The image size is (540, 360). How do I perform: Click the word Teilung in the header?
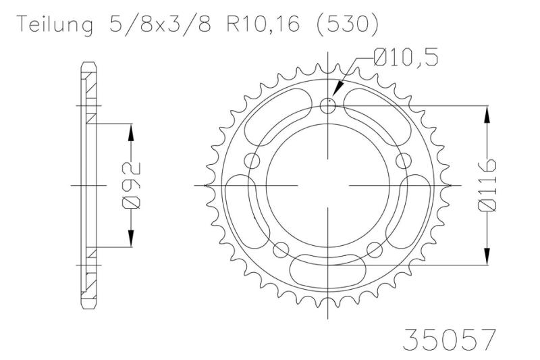(x=55, y=25)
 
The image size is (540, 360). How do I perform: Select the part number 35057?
(x=450, y=339)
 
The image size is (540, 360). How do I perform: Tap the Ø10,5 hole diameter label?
(x=406, y=57)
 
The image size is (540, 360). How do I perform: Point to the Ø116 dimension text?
(x=487, y=184)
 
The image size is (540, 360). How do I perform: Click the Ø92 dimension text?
(x=131, y=185)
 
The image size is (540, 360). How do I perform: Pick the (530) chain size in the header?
(x=347, y=25)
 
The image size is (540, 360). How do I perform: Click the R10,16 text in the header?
(x=263, y=24)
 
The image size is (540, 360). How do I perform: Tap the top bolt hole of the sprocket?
(x=328, y=106)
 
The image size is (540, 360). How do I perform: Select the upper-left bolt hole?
(x=253, y=161)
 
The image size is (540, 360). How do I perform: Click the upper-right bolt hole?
(x=403, y=161)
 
